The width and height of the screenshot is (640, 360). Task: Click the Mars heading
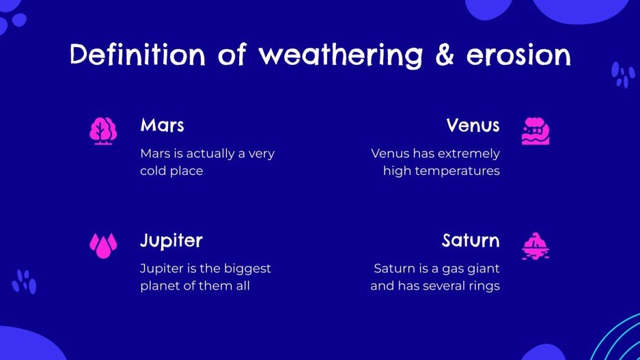[162, 126]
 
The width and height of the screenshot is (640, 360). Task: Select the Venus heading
[473, 126]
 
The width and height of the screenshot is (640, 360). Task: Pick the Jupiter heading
[171, 241]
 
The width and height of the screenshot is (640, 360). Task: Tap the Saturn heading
[471, 241]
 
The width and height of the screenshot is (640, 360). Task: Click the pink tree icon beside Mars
[103, 130]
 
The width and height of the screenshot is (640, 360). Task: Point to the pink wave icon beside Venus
[535, 130]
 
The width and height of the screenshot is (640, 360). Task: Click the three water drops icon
[103, 245]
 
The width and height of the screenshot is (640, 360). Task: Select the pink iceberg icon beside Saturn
[535, 245]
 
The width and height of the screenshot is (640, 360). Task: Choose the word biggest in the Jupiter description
[247, 268]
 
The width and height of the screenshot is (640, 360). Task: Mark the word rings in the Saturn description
[484, 286]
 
